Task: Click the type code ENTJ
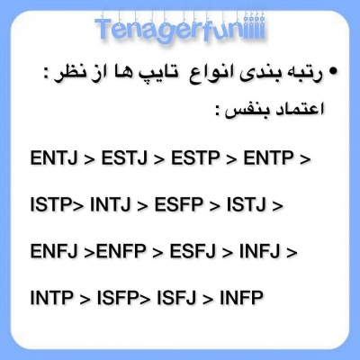click(54, 158)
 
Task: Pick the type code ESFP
click(180, 205)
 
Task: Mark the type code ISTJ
click(247, 205)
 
